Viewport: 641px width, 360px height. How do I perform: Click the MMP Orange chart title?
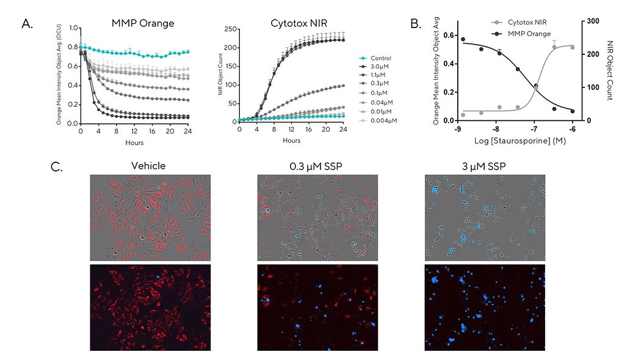pyautogui.click(x=142, y=23)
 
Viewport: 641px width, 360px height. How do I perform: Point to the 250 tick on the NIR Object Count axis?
pyautogui.click(x=230, y=29)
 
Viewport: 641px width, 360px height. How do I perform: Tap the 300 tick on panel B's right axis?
pyautogui.click(x=592, y=21)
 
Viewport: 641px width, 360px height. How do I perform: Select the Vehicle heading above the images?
pyautogui.click(x=150, y=165)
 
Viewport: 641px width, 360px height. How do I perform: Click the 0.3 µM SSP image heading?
pyautogui.click(x=317, y=165)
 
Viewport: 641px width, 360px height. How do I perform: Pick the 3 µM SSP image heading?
pyautogui.click(x=485, y=165)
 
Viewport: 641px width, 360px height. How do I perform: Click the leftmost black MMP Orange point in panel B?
pyautogui.click(x=463, y=40)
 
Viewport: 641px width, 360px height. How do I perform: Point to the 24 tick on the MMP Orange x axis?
pyautogui.click(x=187, y=130)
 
